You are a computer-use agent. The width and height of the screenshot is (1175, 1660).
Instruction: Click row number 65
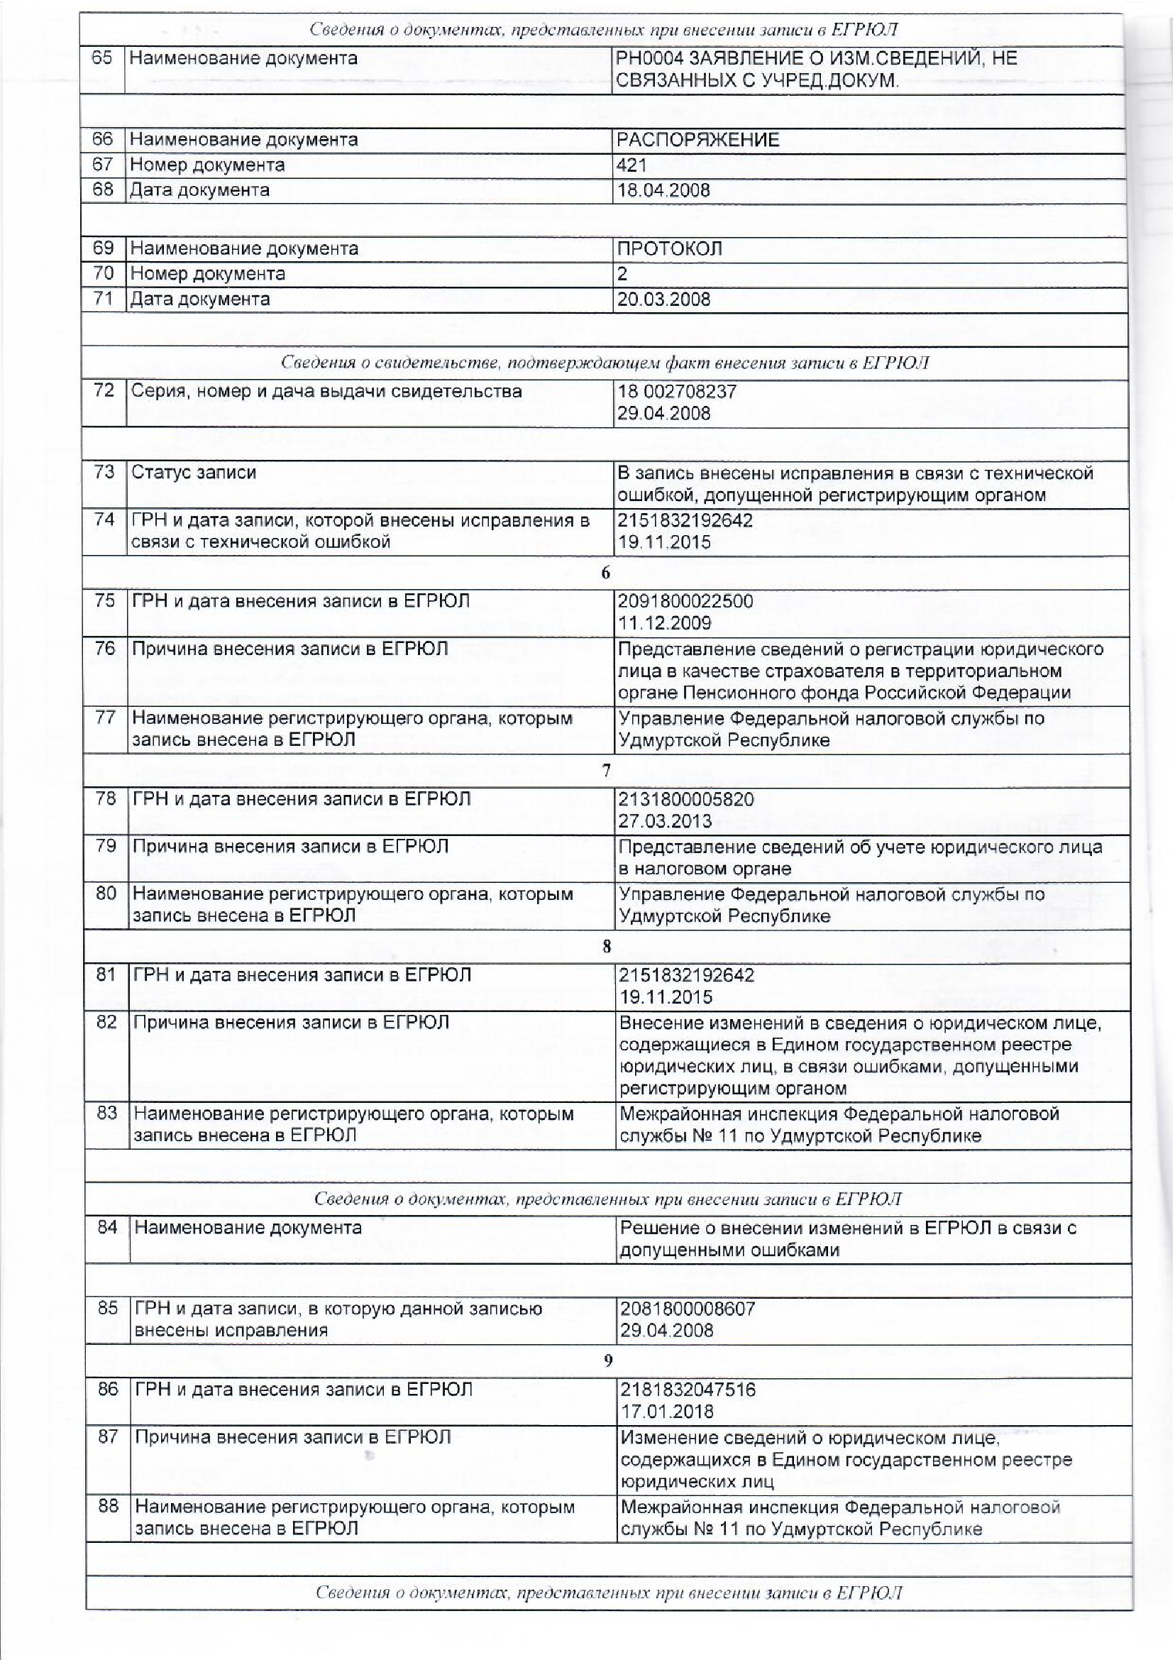102,58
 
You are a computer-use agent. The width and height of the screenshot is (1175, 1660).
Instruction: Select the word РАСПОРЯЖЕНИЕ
697,140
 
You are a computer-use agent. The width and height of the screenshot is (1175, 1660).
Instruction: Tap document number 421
631,165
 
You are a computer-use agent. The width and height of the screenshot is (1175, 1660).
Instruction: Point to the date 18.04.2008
663,190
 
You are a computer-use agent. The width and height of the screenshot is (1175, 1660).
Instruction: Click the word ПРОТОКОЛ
669,249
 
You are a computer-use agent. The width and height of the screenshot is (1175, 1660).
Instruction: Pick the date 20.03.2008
663,299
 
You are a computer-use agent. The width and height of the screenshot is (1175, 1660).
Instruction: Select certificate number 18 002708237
676,392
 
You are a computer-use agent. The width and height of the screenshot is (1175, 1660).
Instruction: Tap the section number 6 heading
605,573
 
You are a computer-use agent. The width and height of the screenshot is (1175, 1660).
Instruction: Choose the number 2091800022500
685,601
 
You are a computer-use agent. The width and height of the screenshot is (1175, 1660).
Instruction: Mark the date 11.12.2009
665,623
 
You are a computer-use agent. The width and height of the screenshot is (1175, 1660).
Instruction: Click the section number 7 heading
607,771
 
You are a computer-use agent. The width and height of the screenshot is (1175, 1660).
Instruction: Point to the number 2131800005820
686,800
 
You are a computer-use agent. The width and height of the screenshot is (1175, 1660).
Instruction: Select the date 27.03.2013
665,821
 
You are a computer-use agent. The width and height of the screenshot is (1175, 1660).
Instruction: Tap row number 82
106,1023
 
